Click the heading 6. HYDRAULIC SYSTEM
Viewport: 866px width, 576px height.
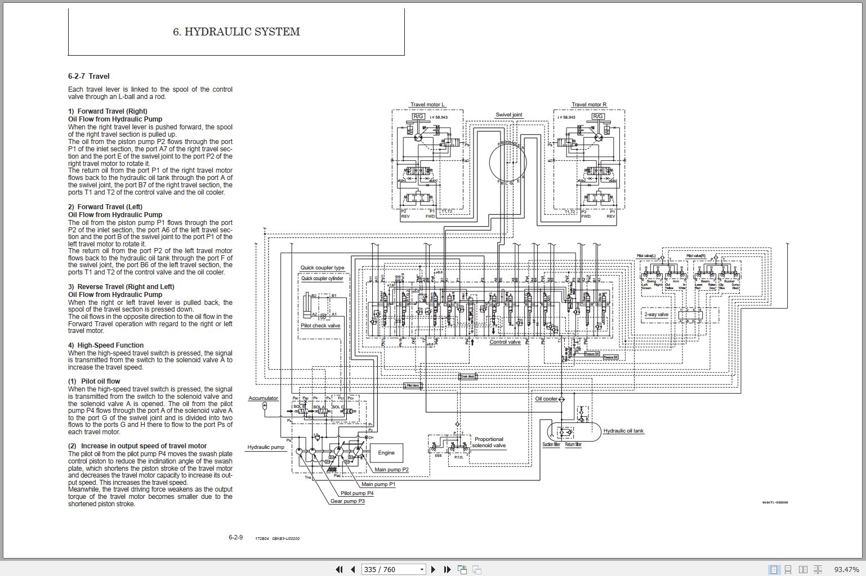click(x=236, y=32)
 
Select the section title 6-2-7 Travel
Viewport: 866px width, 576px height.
click(x=89, y=76)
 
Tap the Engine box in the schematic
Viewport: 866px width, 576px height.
click(x=386, y=453)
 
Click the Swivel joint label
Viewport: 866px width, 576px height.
click(x=508, y=115)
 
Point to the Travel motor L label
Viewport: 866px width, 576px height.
click(x=427, y=105)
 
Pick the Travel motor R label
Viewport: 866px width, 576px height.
click(x=589, y=105)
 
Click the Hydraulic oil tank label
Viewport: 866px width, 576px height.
click(x=623, y=431)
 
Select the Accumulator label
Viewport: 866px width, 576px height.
click(x=263, y=398)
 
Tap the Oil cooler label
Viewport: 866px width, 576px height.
click(x=546, y=399)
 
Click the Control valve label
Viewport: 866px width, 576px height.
click(x=505, y=342)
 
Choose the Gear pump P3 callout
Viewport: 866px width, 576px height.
click(x=347, y=501)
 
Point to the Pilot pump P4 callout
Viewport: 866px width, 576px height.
click(x=356, y=493)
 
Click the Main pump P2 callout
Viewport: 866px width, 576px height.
click(x=391, y=470)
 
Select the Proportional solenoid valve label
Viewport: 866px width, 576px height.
click(x=489, y=443)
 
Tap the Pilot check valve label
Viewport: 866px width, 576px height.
click(x=320, y=326)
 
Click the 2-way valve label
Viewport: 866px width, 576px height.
click(x=657, y=314)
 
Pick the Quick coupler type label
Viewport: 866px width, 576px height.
click(x=322, y=268)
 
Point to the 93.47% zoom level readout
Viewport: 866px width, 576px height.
click(x=846, y=569)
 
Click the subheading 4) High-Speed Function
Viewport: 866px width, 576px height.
click(x=106, y=345)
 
